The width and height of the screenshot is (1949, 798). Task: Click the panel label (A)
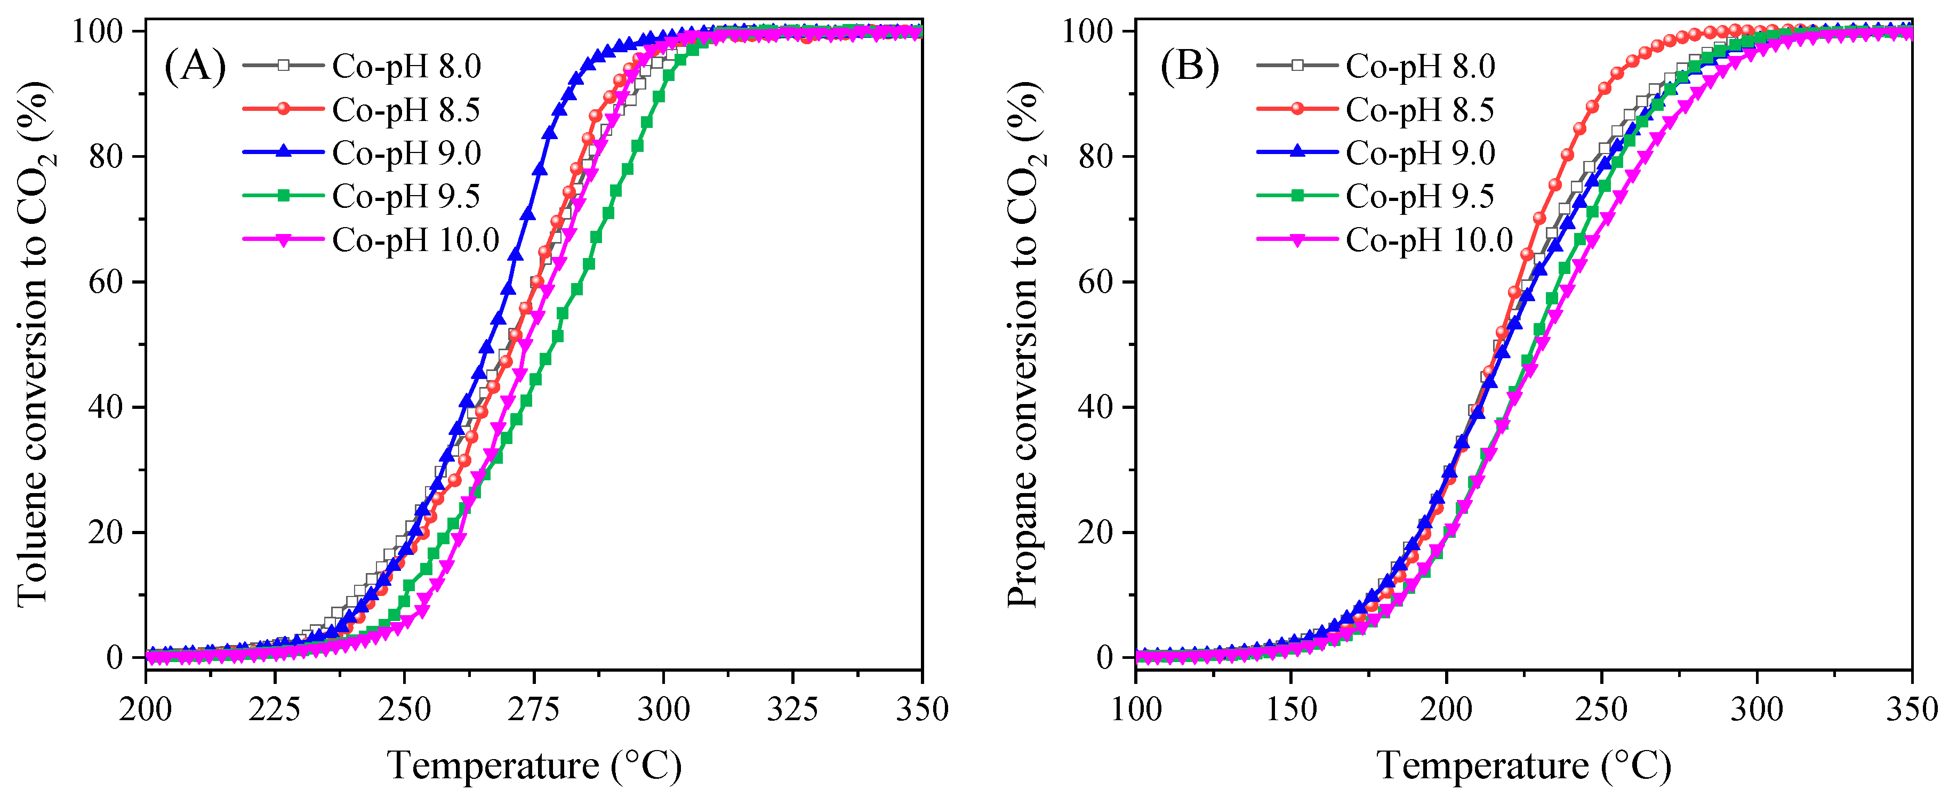tap(195, 67)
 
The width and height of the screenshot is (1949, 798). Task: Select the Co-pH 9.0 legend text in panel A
tap(406, 154)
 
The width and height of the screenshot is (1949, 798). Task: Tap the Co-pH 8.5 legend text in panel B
tap(1419, 110)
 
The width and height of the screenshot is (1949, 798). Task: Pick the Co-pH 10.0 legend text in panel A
tap(415, 240)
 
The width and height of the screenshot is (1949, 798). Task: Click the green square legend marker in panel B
tap(1297, 196)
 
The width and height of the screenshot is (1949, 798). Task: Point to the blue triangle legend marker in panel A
tap(283, 152)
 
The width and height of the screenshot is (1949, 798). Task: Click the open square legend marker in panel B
tap(1297, 66)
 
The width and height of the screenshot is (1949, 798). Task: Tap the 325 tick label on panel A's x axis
tap(792, 710)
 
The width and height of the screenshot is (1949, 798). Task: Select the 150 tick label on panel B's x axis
tap(1291, 710)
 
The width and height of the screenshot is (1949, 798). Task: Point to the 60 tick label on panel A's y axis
tap(106, 282)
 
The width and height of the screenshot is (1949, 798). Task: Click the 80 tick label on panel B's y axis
tap(1096, 157)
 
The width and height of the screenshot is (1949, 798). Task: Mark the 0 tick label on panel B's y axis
tap(1105, 657)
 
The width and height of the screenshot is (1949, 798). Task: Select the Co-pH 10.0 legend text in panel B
tap(1429, 240)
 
